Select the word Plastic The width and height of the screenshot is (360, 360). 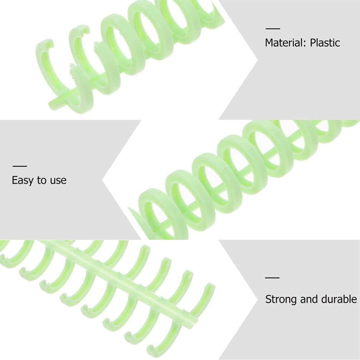coord(325,43)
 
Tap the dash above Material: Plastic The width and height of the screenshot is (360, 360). coord(272,28)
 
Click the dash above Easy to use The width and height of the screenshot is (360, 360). coord(20,166)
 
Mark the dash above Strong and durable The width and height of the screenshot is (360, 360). coord(272,277)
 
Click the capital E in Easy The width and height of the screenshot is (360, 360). coord(15,180)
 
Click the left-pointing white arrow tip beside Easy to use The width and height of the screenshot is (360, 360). coord(104,179)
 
